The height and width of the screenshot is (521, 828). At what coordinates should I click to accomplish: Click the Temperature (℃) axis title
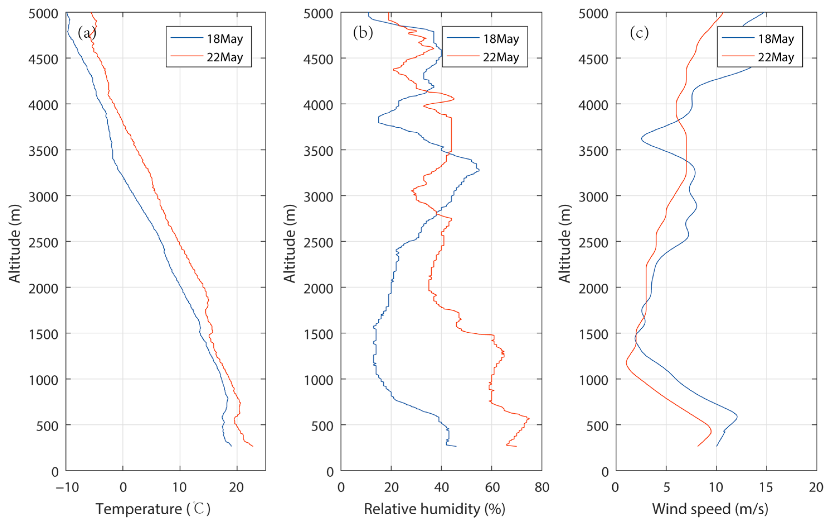pos(153,509)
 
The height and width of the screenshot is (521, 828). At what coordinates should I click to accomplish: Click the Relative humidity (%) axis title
pos(435,509)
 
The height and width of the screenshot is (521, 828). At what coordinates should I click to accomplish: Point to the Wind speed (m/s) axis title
pos(710,509)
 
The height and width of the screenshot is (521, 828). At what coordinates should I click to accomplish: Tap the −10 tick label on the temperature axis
pos(67,487)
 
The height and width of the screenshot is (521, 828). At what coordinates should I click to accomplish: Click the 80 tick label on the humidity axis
pos(542,487)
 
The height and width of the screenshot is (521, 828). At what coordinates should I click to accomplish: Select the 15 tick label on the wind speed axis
pos(766,487)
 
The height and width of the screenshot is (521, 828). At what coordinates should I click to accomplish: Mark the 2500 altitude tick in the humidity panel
pos(318,243)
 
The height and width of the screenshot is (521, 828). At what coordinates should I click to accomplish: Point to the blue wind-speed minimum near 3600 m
pos(642,139)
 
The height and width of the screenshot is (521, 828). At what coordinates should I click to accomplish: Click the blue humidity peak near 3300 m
pos(479,170)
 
